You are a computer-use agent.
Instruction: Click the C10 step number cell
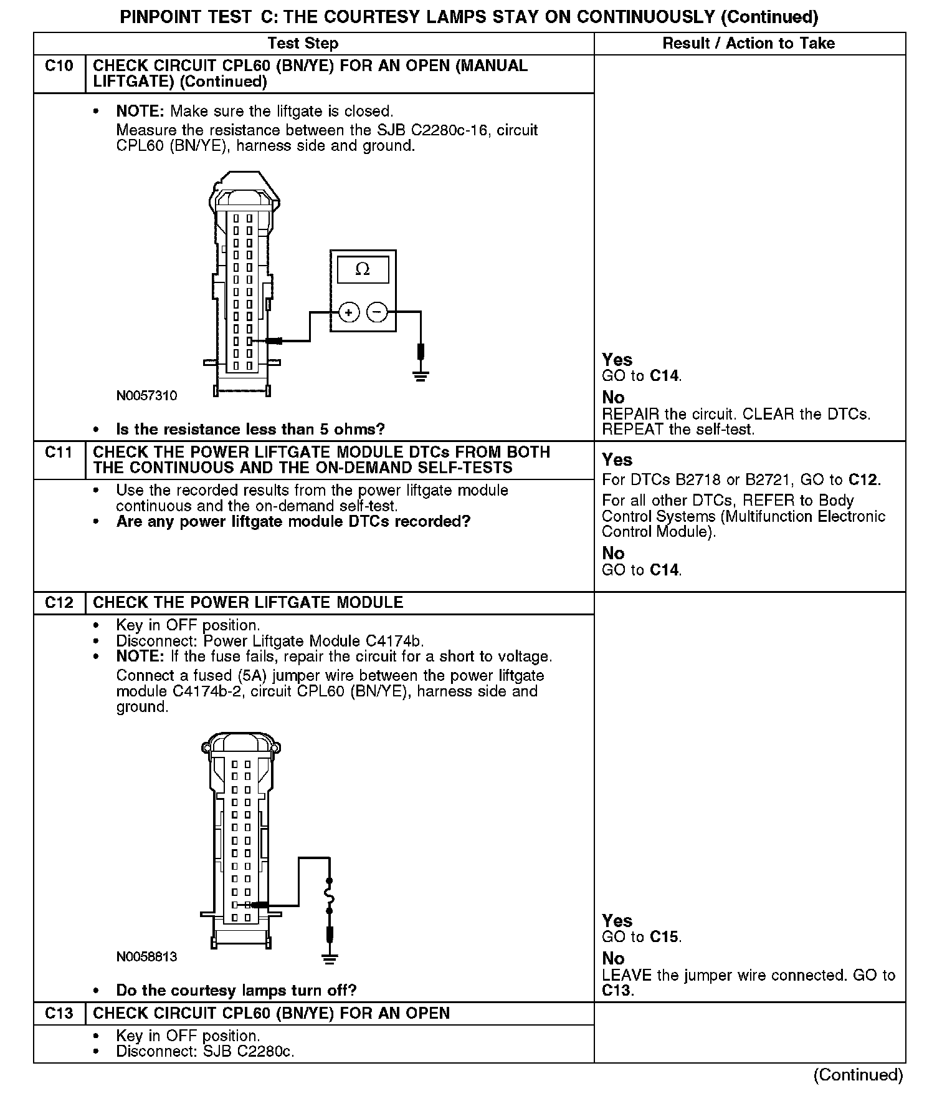(x=59, y=65)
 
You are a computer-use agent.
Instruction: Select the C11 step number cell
(x=59, y=452)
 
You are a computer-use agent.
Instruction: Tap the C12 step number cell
(x=59, y=603)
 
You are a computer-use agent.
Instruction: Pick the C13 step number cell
(x=59, y=1013)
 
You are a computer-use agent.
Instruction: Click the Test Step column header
(x=303, y=43)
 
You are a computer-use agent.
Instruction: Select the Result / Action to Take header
(x=749, y=43)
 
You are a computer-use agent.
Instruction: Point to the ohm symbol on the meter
(x=362, y=269)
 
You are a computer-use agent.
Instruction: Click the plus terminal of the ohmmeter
(x=349, y=312)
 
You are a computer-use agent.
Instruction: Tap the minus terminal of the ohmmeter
(x=377, y=312)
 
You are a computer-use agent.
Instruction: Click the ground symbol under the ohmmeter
(x=421, y=375)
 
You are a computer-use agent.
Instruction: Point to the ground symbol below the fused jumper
(x=330, y=958)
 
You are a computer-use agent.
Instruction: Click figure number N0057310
(x=146, y=396)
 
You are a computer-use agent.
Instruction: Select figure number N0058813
(x=146, y=956)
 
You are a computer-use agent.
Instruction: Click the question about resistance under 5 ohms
(x=250, y=429)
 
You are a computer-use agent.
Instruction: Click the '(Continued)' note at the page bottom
(x=858, y=1075)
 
